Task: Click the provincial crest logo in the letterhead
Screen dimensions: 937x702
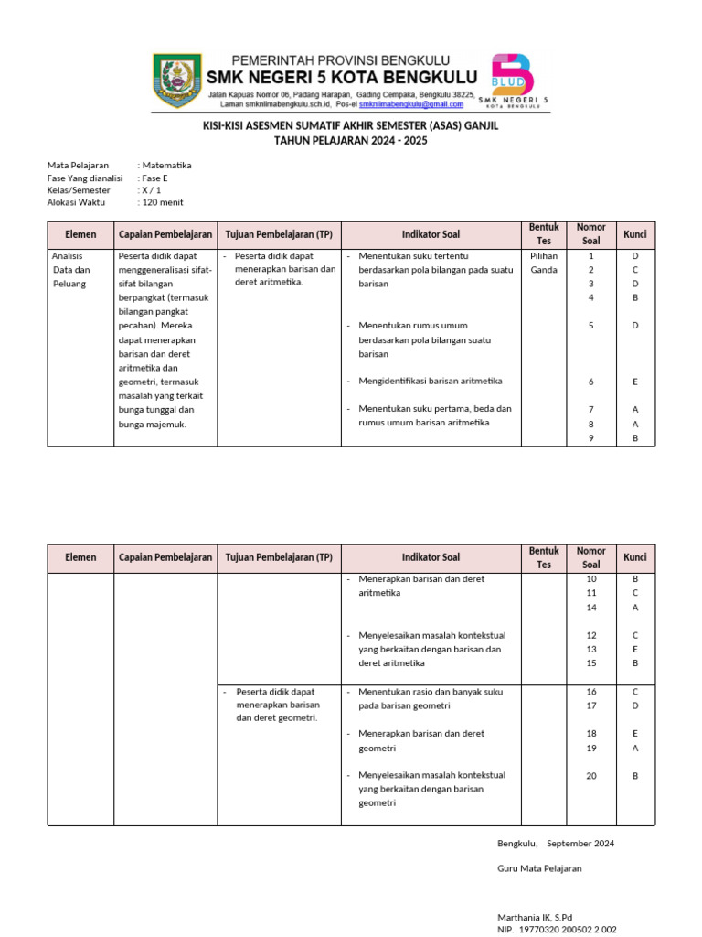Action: click(179, 79)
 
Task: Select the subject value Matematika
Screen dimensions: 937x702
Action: click(166, 166)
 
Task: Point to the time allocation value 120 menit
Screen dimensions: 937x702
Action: click(164, 202)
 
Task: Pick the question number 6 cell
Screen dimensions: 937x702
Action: click(590, 382)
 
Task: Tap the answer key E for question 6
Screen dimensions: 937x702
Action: click(634, 382)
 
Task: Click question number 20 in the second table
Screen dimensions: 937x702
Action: click(590, 776)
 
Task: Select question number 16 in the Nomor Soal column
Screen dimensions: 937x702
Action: click(590, 692)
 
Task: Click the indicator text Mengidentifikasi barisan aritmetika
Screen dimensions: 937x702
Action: click(431, 381)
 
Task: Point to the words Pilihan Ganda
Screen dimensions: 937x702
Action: click(543, 263)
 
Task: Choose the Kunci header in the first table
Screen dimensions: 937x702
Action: click(634, 234)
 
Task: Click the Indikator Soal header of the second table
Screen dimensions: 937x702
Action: click(431, 557)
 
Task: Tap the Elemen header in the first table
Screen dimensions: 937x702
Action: click(80, 234)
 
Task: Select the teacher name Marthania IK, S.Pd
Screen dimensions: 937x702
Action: click(535, 916)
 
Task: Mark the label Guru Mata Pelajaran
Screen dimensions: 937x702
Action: click(539, 868)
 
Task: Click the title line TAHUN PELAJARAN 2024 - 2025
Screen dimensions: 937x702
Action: click(351, 141)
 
